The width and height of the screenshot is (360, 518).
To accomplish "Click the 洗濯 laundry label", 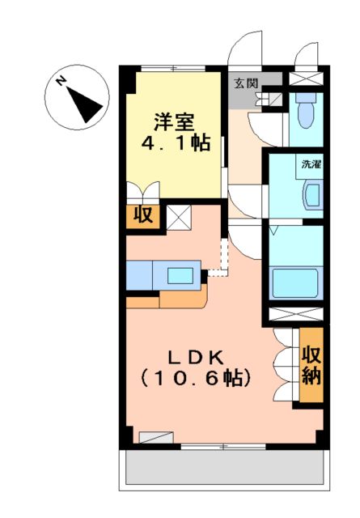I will [311, 164].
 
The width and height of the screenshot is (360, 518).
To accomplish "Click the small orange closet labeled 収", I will [143, 216].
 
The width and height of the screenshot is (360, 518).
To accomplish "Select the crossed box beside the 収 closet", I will [178, 217].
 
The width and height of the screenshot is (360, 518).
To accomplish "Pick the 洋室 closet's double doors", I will [142, 194].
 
